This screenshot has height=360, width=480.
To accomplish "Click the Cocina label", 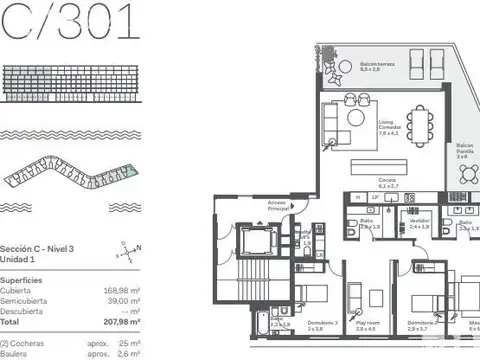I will [388, 183].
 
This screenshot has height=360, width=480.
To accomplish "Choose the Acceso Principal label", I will [279, 207].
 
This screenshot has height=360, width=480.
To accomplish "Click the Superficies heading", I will [21, 281].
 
